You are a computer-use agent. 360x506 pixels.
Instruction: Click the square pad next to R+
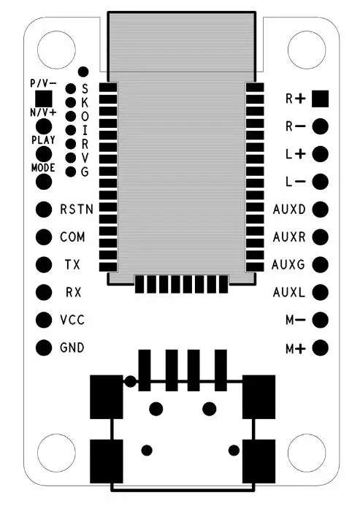(x=321, y=99)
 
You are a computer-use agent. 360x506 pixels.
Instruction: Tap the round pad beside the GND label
(x=44, y=348)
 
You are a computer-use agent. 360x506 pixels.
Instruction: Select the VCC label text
(x=72, y=320)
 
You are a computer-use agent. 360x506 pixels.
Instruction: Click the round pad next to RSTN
(x=44, y=210)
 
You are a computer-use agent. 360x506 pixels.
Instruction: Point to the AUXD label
(x=289, y=210)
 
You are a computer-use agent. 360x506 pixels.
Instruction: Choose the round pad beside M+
(x=321, y=348)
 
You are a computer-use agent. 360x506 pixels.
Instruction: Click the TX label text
(x=72, y=265)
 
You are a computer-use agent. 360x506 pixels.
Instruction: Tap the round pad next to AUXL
(x=321, y=292)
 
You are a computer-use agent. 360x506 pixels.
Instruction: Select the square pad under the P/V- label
(x=44, y=99)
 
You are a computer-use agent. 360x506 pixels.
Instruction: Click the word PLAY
(x=43, y=140)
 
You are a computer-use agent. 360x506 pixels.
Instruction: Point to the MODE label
(x=43, y=168)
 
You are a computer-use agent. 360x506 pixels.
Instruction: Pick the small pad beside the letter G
(x=71, y=172)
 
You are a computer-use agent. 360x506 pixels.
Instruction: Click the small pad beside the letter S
(x=71, y=88)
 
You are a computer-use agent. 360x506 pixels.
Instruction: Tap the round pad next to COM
(x=44, y=237)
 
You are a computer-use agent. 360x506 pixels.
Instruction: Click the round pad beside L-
(x=321, y=182)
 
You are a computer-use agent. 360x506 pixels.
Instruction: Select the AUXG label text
(x=288, y=265)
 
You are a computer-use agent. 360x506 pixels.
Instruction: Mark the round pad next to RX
(x=44, y=292)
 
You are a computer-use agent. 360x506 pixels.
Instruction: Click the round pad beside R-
(x=321, y=126)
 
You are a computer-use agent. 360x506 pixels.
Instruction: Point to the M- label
(x=296, y=320)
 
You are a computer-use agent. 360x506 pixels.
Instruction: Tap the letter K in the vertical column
(x=85, y=102)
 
